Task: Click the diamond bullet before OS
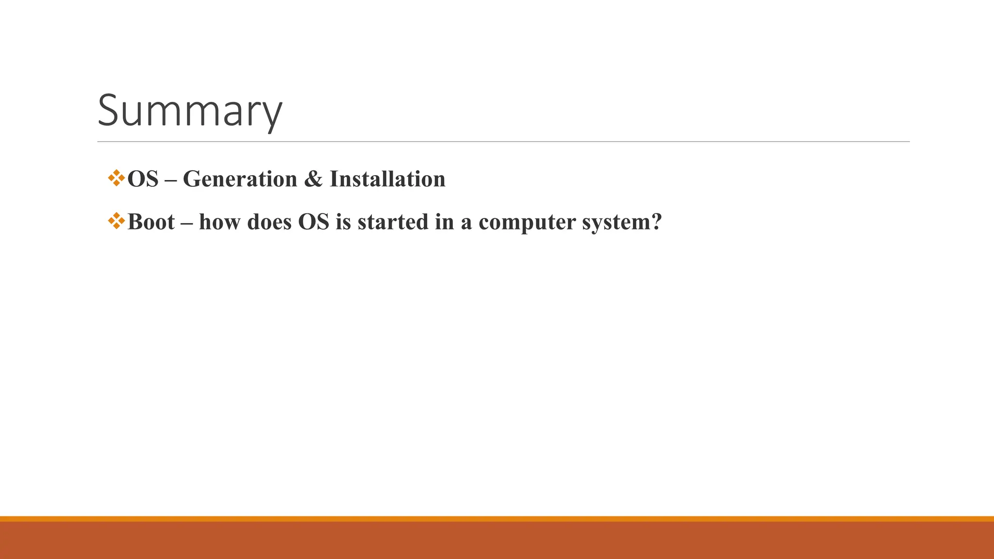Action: coord(116,178)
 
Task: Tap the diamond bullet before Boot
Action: coord(116,221)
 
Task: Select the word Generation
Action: coord(240,179)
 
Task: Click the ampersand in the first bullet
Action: coord(313,179)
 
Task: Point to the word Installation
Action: coord(387,179)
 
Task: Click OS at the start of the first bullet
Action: coord(143,179)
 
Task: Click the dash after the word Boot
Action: coord(187,223)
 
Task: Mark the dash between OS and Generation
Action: coord(171,180)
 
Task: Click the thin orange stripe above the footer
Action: coord(497,519)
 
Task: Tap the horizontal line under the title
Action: coord(503,142)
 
